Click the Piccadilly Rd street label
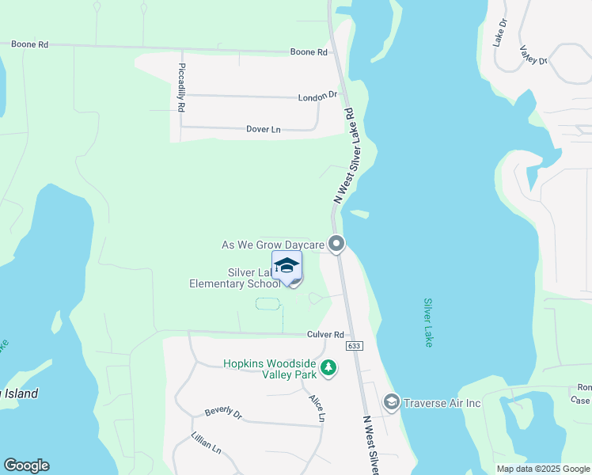(x=181, y=86)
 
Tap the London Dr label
(x=317, y=97)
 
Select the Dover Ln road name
(x=264, y=128)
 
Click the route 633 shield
(x=354, y=347)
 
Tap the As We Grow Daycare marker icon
(x=336, y=245)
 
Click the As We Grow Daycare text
(x=273, y=245)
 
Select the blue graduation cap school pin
(x=287, y=266)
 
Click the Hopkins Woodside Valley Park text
(x=269, y=369)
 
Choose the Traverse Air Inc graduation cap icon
(x=391, y=403)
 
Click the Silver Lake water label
(x=428, y=322)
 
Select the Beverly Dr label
(x=222, y=412)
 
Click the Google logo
(x=26, y=465)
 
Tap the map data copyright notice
(x=542, y=469)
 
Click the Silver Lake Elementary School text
(x=234, y=278)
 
